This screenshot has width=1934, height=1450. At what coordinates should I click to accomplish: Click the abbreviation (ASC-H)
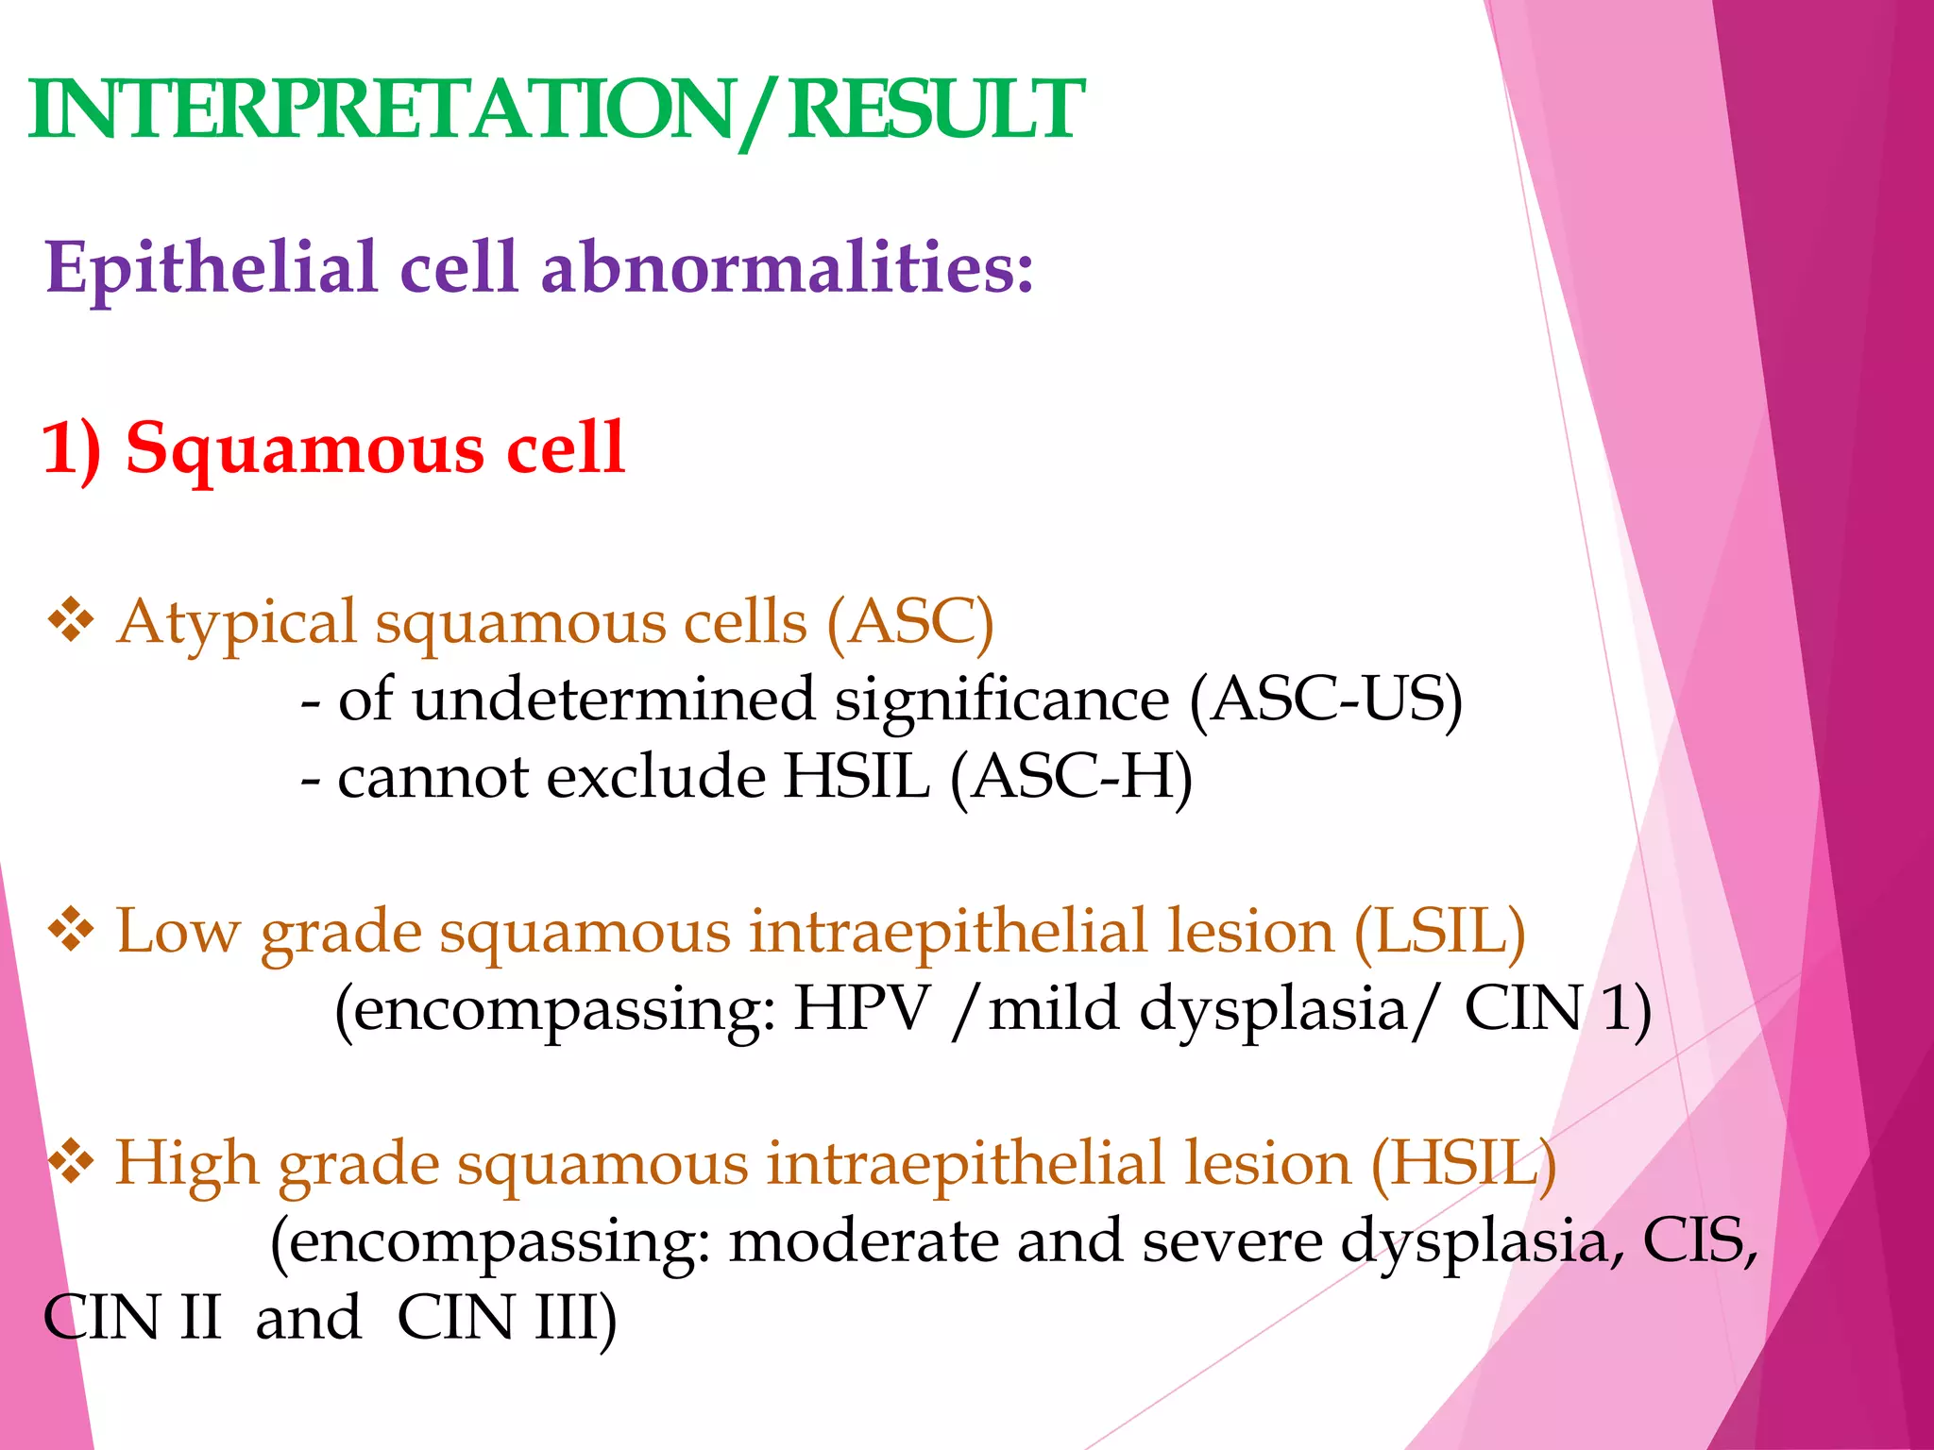tap(1072, 779)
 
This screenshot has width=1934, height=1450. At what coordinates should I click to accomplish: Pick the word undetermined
tap(614, 701)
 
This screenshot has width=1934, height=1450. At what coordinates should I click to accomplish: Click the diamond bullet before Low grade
tap(71, 931)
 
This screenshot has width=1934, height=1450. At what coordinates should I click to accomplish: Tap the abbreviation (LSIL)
tap(1439, 933)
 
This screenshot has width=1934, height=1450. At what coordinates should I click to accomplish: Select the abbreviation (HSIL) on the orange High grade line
tap(1463, 1165)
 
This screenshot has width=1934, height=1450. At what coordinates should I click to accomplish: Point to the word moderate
tap(863, 1241)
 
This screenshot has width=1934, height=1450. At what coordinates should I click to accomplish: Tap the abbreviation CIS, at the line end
tap(1700, 1241)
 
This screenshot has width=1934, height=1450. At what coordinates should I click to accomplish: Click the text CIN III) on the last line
tap(506, 1319)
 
